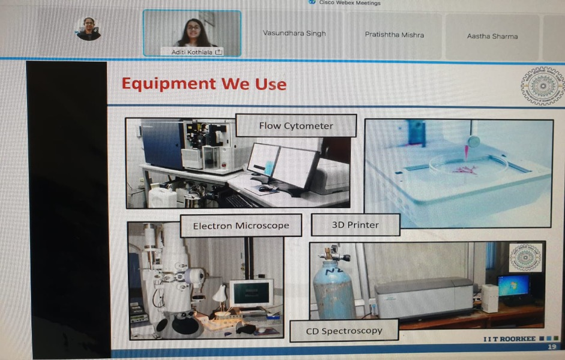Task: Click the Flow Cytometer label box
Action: click(x=296, y=125)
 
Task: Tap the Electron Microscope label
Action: click(x=241, y=226)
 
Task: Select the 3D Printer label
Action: click(x=355, y=225)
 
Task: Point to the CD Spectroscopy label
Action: click(x=344, y=331)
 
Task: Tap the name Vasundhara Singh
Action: click(x=294, y=34)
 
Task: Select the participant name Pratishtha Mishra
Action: click(x=394, y=35)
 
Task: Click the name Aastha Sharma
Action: click(x=492, y=37)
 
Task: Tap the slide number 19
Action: click(x=552, y=347)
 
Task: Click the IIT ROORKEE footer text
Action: click(x=509, y=339)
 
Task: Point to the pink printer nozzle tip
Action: click(x=467, y=158)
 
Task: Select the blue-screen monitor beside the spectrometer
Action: click(x=514, y=286)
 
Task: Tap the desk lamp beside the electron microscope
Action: click(x=220, y=297)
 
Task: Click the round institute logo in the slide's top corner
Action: click(x=543, y=86)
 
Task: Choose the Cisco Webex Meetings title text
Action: click(x=349, y=3)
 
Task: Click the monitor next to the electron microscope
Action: click(x=252, y=294)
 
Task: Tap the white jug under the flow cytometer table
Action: click(x=163, y=197)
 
